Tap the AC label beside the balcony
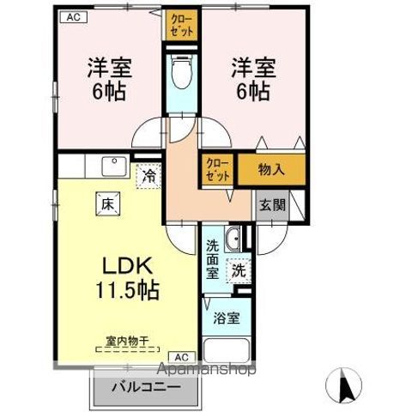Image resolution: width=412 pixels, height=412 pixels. [x=182, y=356]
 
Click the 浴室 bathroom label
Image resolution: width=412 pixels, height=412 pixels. [x=227, y=318]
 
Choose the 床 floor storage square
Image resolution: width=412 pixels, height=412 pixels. [x=108, y=205]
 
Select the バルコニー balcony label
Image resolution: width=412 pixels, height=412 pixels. [x=147, y=387]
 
